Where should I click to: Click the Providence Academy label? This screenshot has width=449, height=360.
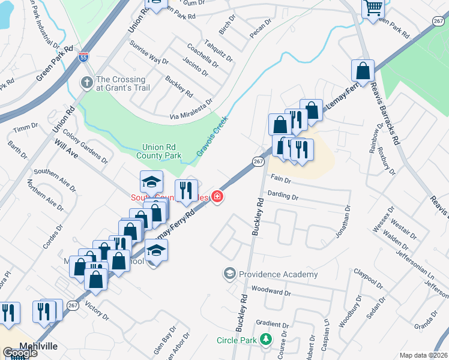tap(278, 274)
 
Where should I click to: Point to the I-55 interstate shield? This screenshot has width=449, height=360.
tap(84, 58)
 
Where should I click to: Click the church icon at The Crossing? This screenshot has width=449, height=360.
tap(87, 83)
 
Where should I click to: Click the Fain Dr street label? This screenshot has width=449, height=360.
tap(281, 179)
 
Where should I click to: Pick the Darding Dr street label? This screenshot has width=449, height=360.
tap(283, 196)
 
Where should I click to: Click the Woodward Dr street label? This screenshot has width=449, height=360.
tap(271, 293)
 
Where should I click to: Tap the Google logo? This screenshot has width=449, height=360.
tap(20, 353)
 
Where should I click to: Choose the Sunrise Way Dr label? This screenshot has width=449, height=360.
tap(149, 52)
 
